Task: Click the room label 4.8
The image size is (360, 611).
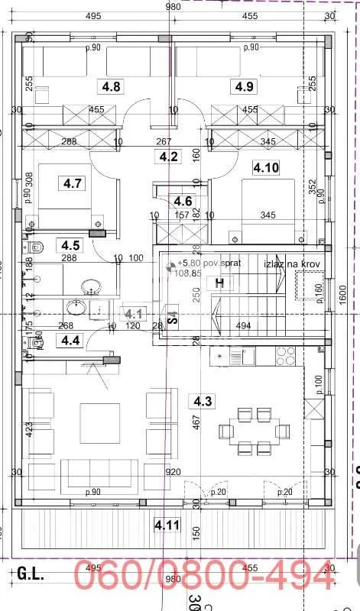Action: [112, 86]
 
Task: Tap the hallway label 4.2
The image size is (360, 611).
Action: [168, 157]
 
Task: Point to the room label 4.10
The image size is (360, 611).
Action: [267, 167]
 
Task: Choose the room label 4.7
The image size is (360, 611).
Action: [73, 183]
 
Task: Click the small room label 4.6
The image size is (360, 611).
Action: [182, 202]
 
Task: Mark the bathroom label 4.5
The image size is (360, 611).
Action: [71, 245]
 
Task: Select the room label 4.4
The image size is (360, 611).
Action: [71, 340]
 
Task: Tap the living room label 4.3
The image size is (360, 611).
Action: [203, 401]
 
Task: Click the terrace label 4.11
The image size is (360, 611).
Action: [167, 525]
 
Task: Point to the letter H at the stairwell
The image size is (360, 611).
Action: [220, 283]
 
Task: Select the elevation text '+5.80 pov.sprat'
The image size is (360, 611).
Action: [198, 263]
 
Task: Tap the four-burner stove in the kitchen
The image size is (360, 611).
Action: [286, 355]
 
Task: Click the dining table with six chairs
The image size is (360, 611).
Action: [253, 430]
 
